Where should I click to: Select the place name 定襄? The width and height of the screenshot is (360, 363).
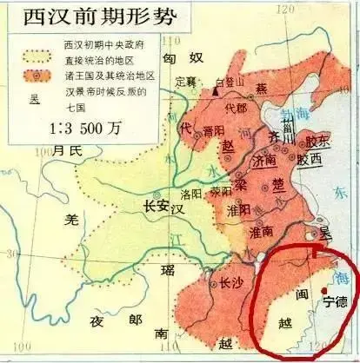185,82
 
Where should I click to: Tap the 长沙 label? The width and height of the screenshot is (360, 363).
230,282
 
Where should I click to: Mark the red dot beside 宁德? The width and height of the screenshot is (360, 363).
323,290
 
